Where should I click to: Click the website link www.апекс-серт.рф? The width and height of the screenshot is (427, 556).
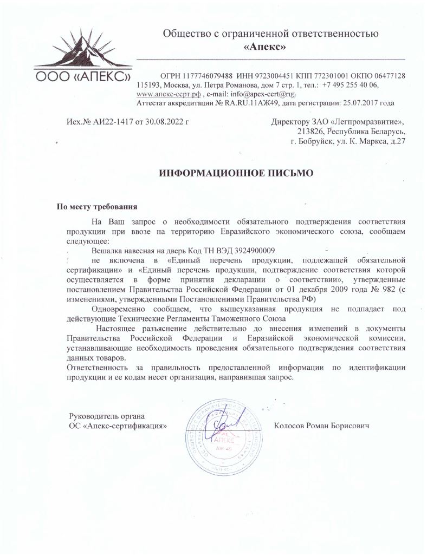[x=166, y=94]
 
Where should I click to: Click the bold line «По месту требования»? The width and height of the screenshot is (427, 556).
[x=98, y=206]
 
